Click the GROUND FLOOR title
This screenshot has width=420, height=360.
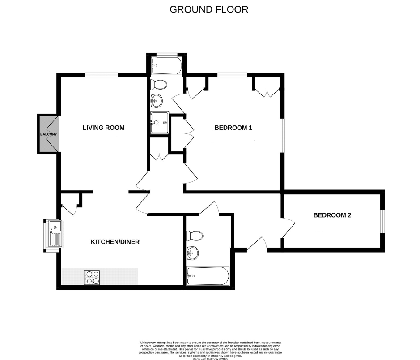209,9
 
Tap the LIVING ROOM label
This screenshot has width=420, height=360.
103,128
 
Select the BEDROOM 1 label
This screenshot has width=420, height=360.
233,128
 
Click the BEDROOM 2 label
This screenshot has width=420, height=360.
332,215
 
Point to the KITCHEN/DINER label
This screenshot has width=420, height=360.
115,242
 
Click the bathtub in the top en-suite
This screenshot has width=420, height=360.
166,65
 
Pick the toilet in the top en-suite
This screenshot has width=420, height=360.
159,84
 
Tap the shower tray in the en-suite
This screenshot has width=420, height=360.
160,123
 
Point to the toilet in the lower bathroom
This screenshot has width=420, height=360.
195,236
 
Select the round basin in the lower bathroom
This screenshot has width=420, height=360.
193,253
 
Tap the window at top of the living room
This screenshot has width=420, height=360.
102,75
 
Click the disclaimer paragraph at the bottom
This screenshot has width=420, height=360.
210,349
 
